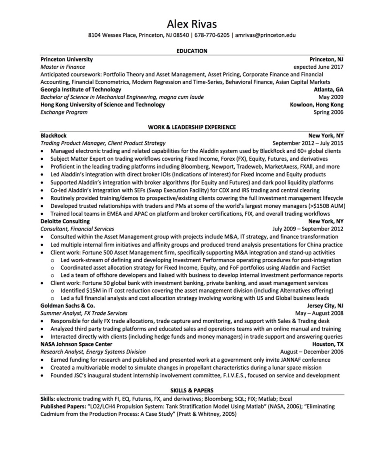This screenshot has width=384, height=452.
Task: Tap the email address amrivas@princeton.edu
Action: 265,35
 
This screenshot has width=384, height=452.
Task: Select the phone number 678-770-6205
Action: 212,35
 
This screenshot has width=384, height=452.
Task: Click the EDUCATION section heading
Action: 192,51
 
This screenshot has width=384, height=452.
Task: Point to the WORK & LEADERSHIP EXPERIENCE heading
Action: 192,127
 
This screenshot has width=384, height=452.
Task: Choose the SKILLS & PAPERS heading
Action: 192,390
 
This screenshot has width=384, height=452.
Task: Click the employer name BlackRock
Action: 54,136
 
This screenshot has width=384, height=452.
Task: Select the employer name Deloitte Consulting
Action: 65,221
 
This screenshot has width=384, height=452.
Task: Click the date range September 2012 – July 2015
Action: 308,143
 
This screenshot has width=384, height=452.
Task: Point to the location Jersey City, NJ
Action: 325,306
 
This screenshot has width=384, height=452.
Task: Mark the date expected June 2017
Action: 318,67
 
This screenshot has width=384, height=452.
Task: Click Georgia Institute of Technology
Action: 81,90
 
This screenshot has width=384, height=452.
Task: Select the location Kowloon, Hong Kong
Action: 317,105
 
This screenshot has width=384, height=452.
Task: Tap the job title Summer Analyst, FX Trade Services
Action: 84,313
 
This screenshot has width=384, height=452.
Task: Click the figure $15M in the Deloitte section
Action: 94,291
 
